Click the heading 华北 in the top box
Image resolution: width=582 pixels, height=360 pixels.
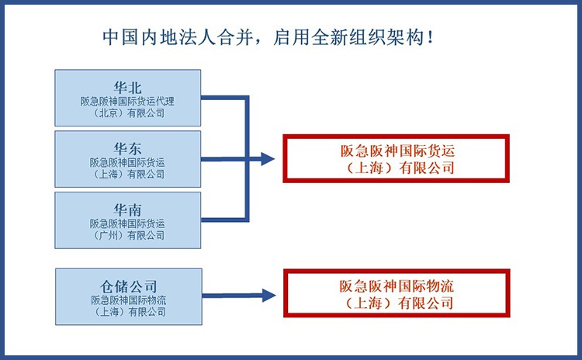[x=128, y=88]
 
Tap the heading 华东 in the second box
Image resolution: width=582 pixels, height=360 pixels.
[x=128, y=149]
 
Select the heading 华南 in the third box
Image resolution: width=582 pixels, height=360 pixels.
[x=128, y=210]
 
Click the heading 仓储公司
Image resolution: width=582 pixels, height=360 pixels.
[x=128, y=286]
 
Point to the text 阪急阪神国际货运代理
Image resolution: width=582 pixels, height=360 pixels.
[x=127, y=102]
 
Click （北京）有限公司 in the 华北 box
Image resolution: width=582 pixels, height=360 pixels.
[x=128, y=113]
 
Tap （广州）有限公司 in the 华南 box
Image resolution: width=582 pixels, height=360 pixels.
[x=128, y=235]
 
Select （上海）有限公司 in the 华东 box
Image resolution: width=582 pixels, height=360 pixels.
[x=128, y=174]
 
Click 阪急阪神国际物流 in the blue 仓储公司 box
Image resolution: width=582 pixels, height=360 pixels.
[x=128, y=300]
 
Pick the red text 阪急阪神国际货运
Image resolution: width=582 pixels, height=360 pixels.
[x=397, y=151]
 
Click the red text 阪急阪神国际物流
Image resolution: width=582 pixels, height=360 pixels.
[x=397, y=286]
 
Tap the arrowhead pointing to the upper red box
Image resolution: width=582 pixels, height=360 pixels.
[x=267, y=159]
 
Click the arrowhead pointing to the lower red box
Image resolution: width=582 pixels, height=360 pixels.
[x=268, y=296]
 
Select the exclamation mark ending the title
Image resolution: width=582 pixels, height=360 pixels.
[x=430, y=37]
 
